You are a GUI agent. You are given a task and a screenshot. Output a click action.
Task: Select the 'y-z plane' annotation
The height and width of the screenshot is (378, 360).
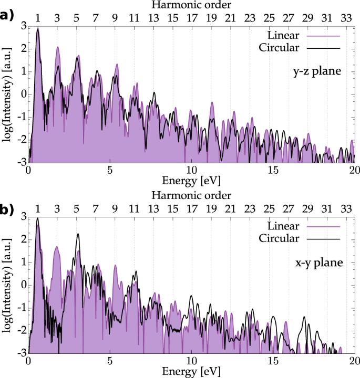pyautogui.click(x=317, y=71)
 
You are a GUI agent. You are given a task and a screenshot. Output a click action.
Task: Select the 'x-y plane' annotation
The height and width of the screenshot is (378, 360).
pyautogui.click(x=317, y=261)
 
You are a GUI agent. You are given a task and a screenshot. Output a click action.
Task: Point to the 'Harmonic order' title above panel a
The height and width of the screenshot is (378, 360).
pyautogui.click(x=191, y=5)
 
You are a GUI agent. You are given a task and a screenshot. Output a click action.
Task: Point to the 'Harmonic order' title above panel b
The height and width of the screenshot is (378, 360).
pyautogui.click(x=191, y=195)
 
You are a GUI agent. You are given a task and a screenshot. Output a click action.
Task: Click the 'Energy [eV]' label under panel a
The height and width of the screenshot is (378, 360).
pyautogui.click(x=191, y=180)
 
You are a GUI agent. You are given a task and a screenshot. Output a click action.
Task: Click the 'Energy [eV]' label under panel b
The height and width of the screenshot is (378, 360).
pyautogui.click(x=191, y=372)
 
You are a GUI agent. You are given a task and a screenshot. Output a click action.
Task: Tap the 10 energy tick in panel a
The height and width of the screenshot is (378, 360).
pyautogui.click(x=191, y=171)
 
